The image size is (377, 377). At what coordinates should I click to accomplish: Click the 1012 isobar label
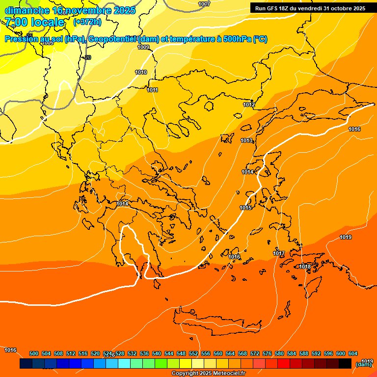coord(249,105)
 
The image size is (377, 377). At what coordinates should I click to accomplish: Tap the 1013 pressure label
coord(246,141)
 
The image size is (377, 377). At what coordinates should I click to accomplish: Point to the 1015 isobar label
coord(245,208)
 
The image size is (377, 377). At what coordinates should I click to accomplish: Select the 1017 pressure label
coord(279,254)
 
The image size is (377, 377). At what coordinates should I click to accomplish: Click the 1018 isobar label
coord(305,267)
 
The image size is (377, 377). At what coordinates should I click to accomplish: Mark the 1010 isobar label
coord(141,73)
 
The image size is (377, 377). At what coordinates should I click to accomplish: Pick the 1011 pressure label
coord(152,90)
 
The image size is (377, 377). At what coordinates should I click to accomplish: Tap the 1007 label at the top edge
coord(204,4)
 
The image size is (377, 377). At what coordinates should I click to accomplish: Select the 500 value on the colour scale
coord(34,354)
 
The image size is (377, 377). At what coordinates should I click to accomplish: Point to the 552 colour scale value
coord(193,354)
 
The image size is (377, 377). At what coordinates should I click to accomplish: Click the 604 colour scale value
coord(353,354)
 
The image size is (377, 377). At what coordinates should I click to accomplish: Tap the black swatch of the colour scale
coord(345,363)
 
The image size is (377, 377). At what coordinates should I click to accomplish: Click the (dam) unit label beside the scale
coord(363,364)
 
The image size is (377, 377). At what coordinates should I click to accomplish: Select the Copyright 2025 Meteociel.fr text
coord(208,374)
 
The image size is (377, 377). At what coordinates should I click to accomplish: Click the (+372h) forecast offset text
coord(87,22)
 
